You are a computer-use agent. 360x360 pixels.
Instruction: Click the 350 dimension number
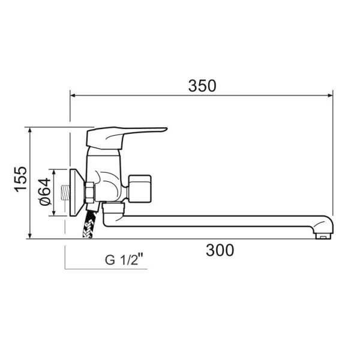[x=202, y=86]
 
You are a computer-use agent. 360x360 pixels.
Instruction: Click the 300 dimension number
[x=220, y=250]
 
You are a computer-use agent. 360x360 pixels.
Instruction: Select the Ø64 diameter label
[x=45, y=192]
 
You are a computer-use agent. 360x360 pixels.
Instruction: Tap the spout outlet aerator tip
[x=323, y=236]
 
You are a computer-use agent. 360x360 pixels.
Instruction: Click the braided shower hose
[x=89, y=224]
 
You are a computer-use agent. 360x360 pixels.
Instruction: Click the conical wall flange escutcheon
[x=77, y=193]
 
